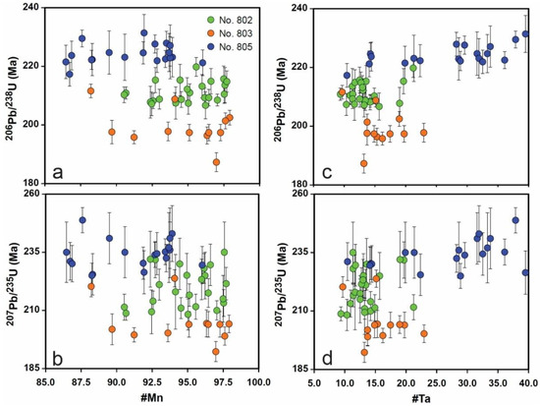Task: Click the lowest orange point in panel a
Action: point(216,162)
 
